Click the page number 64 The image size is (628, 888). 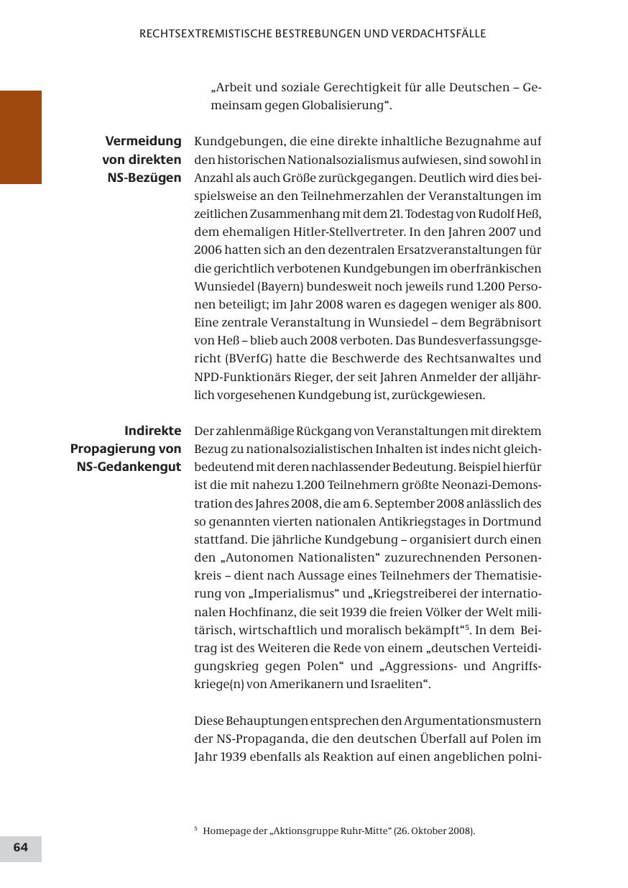tap(21, 848)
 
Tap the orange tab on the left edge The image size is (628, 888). tap(21, 137)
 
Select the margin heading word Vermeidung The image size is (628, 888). tap(143, 141)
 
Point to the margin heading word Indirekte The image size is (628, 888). tap(152, 431)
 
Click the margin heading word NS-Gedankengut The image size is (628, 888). tap(129, 467)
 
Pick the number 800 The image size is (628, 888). tap(528, 304)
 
